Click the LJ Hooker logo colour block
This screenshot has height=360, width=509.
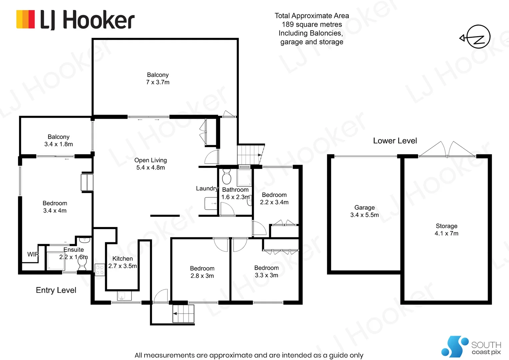pyautogui.click(x=26, y=19)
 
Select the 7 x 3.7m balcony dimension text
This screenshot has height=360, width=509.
pyautogui.click(x=158, y=82)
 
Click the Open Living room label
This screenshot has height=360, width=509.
pyautogui.click(x=151, y=160)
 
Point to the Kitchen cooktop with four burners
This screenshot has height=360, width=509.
pyautogui.click(x=100, y=270)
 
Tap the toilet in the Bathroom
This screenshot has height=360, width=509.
pyautogui.click(x=227, y=176)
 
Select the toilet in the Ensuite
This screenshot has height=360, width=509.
pyautogui.click(x=82, y=264)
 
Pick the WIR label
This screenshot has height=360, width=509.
pyautogui.click(x=33, y=254)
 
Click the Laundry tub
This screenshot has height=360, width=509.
pyautogui.click(x=211, y=203)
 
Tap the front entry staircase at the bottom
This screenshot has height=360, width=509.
pyautogui.click(x=183, y=314)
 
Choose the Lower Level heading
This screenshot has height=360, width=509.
pyautogui.click(x=395, y=141)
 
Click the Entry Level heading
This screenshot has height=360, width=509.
pyautogui.click(x=56, y=290)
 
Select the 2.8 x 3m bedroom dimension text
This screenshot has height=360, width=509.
pyautogui.click(x=202, y=276)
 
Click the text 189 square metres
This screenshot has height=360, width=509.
pyautogui.click(x=312, y=24)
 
